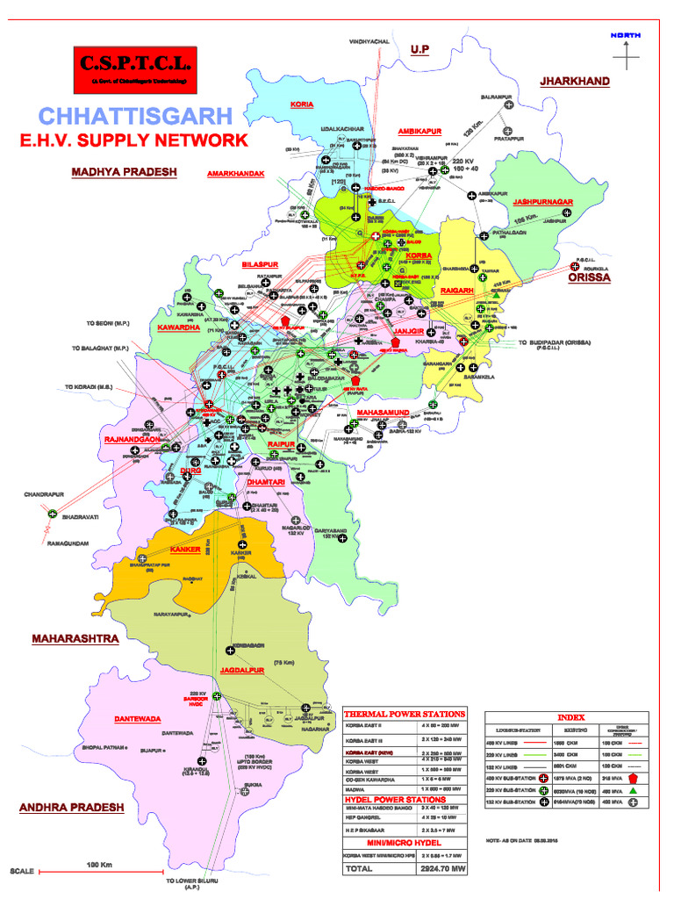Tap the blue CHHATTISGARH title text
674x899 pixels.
coord(136,115)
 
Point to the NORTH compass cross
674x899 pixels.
coord(626,54)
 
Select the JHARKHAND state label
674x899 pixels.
coord(574,81)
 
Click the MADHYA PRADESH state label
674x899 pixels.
coord(124,172)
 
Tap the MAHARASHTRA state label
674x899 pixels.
coord(75,639)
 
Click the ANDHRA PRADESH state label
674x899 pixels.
coord(72,807)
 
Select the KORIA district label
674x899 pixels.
coord(301,104)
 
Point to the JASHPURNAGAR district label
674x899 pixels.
coord(543,202)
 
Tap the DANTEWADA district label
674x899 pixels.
coord(138,719)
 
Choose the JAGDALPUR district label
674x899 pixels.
coord(242,670)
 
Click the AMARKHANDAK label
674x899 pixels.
coord(235,174)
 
